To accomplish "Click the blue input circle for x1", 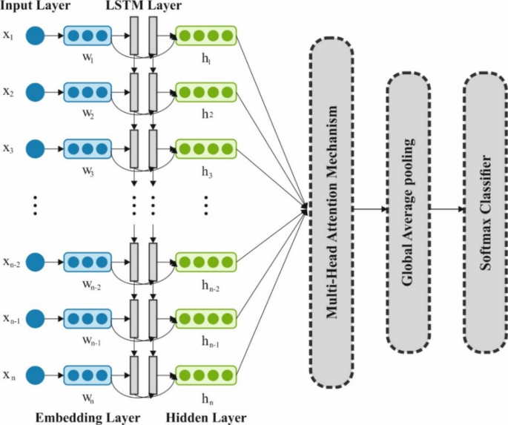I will pyautogui.click(x=35, y=36).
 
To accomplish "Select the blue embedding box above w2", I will pyautogui.click(x=88, y=92).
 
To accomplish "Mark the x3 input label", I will pyautogui.click(x=8, y=148).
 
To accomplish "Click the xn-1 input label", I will pyautogui.click(x=10, y=317).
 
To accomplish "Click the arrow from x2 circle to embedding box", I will pyautogui.click(x=53, y=92).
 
